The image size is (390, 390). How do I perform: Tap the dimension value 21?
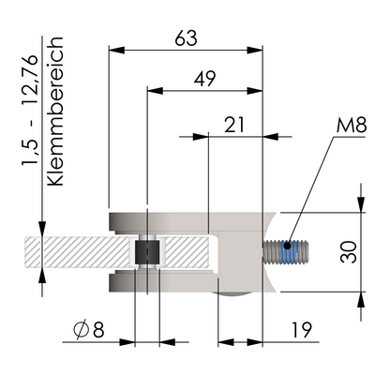coord(234,124)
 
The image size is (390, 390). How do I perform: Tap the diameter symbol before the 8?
coord(81,329)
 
